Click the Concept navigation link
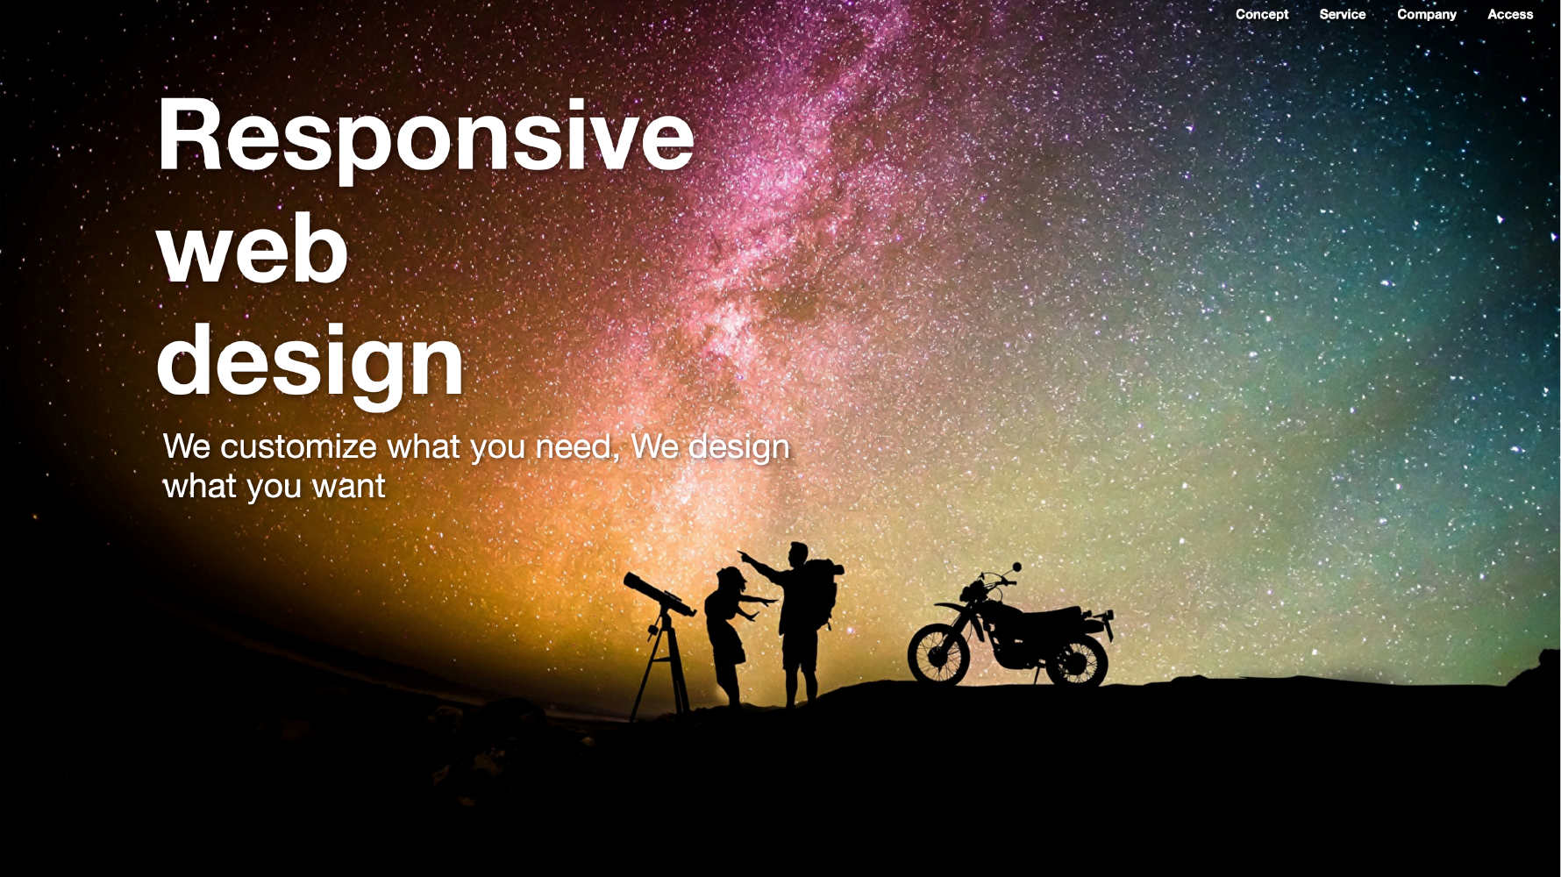[1262, 15]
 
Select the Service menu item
[1343, 14]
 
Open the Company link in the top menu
[1427, 15]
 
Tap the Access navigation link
[1510, 14]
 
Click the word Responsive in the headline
[425, 137]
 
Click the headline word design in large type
[310, 361]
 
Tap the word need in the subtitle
[576, 446]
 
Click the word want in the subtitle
[348, 487]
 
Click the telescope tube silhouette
[659, 594]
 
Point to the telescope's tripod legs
[659, 667]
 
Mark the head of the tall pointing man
[797, 554]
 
